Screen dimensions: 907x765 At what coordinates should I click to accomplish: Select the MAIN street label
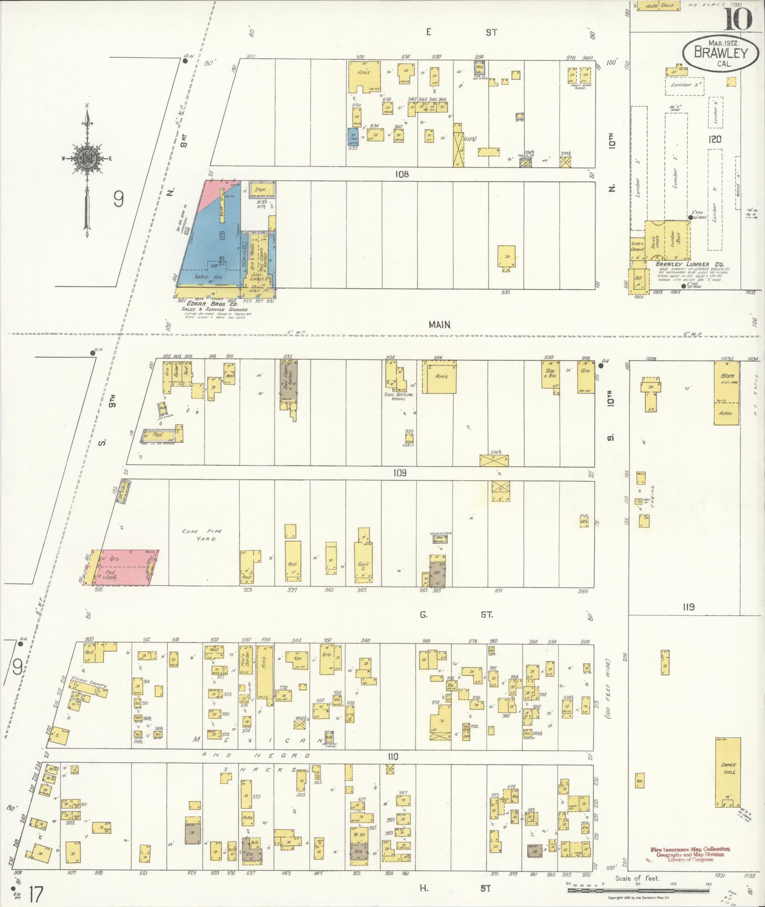[440, 325]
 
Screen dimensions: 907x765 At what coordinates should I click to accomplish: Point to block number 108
[402, 174]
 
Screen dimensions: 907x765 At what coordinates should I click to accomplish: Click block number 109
[400, 473]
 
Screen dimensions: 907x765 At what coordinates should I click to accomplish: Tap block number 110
[393, 757]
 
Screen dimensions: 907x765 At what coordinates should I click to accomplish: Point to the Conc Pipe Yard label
[199, 535]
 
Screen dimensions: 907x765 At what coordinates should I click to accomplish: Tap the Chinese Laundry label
[88, 683]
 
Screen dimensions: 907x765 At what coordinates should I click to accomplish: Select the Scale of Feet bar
[638, 890]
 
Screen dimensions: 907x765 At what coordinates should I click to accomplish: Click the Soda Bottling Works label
[399, 396]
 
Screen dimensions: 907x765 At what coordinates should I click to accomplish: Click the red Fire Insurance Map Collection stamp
[689, 854]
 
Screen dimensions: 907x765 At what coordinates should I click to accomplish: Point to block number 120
[715, 139]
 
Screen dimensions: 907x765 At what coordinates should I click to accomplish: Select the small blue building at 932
[353, 136]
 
